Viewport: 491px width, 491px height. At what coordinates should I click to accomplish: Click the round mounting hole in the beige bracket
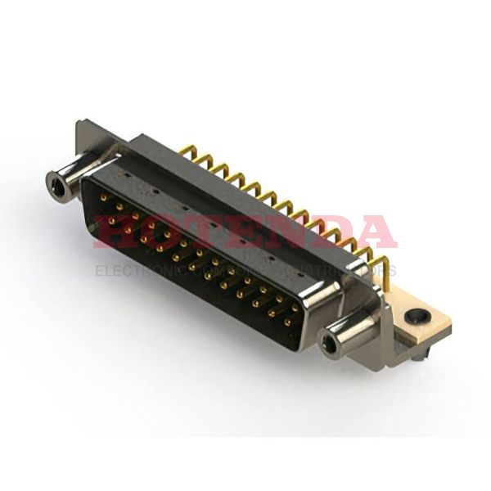point(420,313)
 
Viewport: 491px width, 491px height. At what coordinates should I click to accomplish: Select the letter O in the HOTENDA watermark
point(160,232)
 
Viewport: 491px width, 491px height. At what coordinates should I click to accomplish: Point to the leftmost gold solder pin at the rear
point(187,152)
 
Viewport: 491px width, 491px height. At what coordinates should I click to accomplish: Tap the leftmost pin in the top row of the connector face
point(104,196)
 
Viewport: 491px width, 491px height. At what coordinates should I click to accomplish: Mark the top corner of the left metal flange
point(79,124)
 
